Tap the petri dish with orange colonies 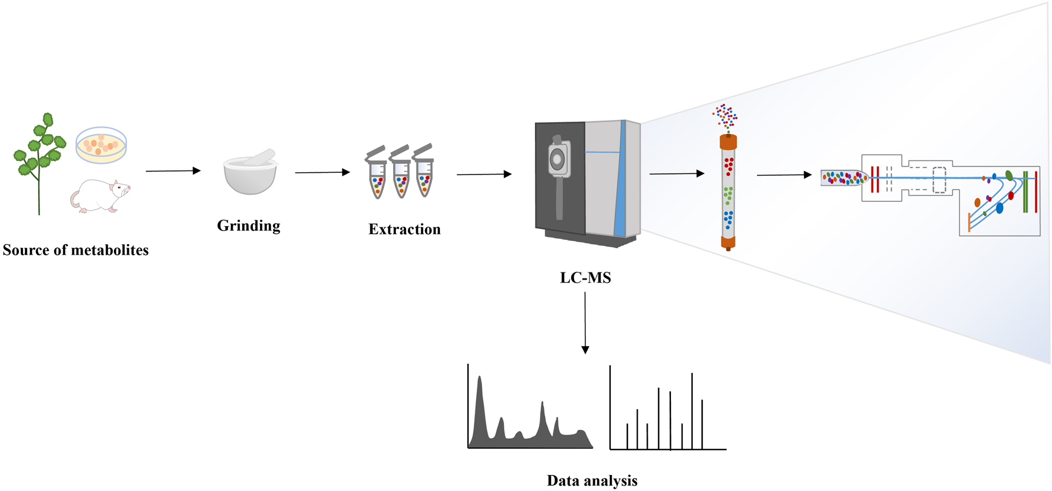[101, 145]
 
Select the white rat [100, 196]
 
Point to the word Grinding [248, 226]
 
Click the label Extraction [404, 229]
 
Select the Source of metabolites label [75, 250]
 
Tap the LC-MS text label [585, 277]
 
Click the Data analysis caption [592, 480]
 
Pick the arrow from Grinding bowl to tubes [322, 172]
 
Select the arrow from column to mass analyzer [784, 175]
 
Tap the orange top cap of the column [728, 142]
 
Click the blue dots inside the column [728, 219]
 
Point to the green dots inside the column [728, 194]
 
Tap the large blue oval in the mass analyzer [1000, 208]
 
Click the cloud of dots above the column [725, 116]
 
